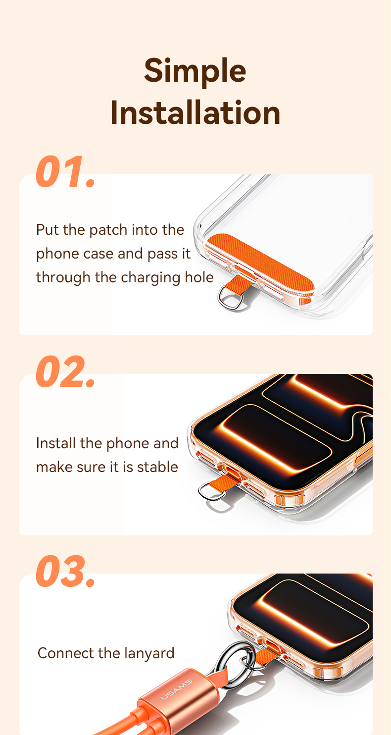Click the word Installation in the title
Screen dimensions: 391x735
(195, 112)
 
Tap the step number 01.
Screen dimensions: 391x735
(65, 171)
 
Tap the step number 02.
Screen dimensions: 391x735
(65, 371)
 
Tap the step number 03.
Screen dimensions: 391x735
(65, 571)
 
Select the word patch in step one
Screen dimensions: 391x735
(108, 230)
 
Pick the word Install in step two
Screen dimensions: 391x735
(56, 443)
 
